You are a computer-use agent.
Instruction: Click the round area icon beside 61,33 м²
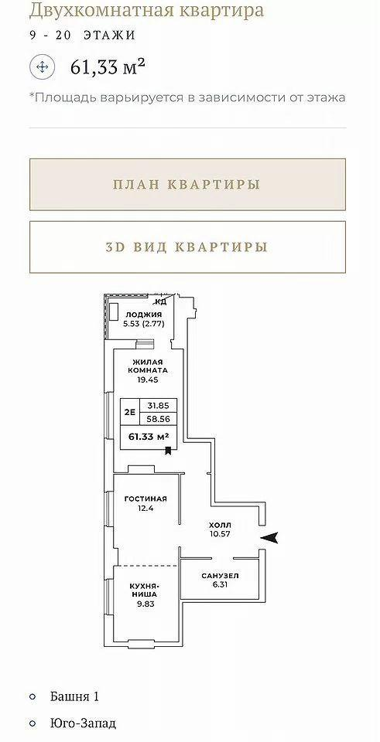41,67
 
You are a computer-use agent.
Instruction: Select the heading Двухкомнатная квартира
146,11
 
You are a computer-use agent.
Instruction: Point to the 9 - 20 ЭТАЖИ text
82,36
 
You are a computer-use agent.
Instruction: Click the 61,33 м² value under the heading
108,68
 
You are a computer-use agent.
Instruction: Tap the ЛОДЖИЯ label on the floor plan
143,315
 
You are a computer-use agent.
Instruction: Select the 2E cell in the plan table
129,412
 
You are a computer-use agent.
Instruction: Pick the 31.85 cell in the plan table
158,405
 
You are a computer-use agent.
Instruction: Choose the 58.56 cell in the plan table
158,419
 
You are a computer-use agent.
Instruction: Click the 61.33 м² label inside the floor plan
148,436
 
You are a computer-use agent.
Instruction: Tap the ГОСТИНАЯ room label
145,499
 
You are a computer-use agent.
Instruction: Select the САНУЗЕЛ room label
221,576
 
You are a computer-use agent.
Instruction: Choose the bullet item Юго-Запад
83,723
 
